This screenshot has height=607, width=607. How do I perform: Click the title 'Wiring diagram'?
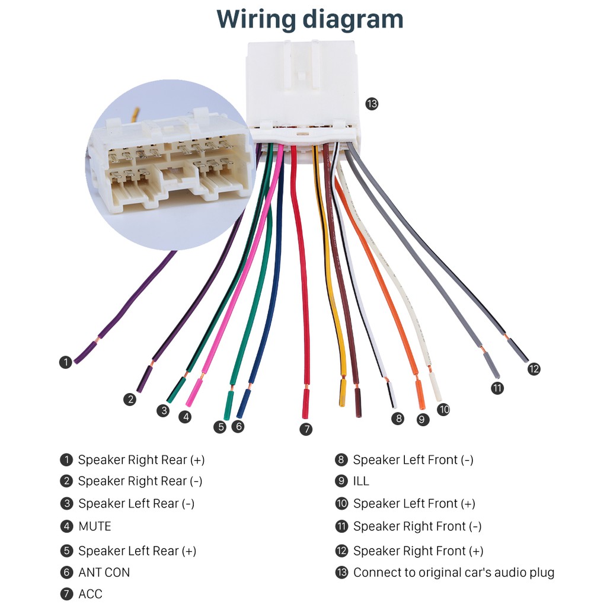(x=309, y=20)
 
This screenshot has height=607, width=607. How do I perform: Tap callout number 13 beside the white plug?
(x=372, y=104)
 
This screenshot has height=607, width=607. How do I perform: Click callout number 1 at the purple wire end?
(x=65, y=362)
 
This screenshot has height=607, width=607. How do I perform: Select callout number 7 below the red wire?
(x=306, y=429)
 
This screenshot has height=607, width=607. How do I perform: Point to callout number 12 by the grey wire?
(x=534, y=369)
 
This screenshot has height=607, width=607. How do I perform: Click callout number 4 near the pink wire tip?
(x=185, y=417)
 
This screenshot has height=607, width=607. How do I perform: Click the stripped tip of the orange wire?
(x=420, y=394)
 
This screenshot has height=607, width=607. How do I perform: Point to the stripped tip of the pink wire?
(x=194, y=392)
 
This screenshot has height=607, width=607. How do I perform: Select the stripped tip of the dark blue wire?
(x=244, y=404)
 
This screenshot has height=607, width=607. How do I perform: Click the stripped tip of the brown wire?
(x=358, y=402)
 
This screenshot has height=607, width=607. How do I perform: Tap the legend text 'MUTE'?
(x=95, y=526)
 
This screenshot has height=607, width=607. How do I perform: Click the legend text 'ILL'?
(x=361, y=481)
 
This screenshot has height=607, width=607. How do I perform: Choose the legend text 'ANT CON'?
(x=104, y=573)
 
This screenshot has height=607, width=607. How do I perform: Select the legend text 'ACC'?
(x=91, y=594)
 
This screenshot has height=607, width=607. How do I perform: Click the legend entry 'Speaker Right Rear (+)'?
(x=141, y=460)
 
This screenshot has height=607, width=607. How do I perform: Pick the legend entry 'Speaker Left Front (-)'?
(x=413, y=460)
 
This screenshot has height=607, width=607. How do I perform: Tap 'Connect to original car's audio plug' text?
(x=453, y=573)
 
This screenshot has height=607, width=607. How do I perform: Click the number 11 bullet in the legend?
(x=341, y=526)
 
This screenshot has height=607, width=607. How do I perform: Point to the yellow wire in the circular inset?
(x=135, y=114)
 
